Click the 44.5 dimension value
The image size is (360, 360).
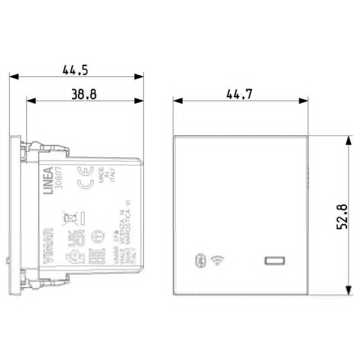[x=75, y=69]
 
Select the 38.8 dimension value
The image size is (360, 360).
[x=83, y=94]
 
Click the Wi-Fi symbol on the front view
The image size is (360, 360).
[x=217, y=260]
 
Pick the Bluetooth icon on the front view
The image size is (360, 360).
[x=198, y=260]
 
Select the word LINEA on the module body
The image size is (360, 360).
[x=49, y=182]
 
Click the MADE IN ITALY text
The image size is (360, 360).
[x=107, y=178]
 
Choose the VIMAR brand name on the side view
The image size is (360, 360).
[x=49, y=246]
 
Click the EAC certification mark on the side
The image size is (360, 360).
[x=97, y=252]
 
